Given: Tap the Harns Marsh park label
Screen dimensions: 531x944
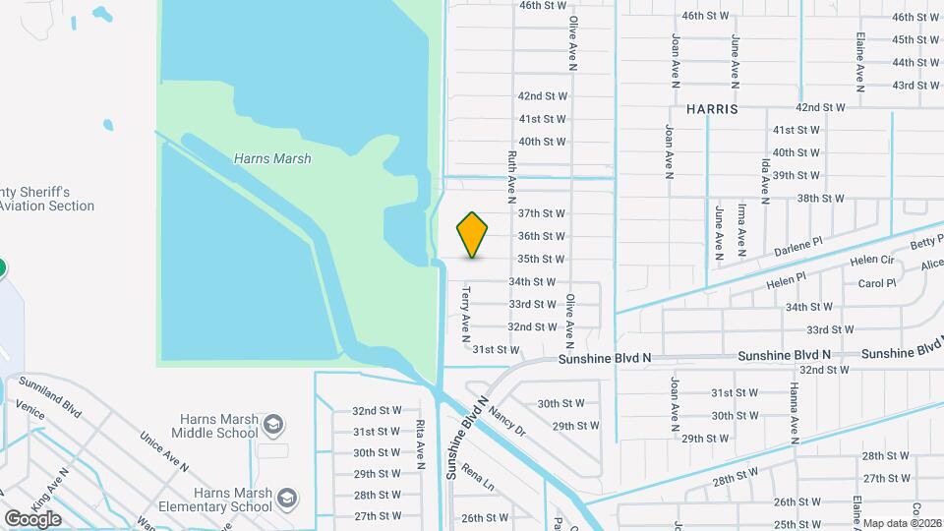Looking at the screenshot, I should coord(272,158).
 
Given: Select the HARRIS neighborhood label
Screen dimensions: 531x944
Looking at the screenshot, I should coord(713,109).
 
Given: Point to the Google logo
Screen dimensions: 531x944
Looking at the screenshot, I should coord(32,518).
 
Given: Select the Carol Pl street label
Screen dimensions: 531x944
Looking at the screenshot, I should coord(877,283).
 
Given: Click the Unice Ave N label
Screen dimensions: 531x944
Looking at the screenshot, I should coord(163,452).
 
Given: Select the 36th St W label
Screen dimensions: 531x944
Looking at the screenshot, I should coord(541,236).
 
